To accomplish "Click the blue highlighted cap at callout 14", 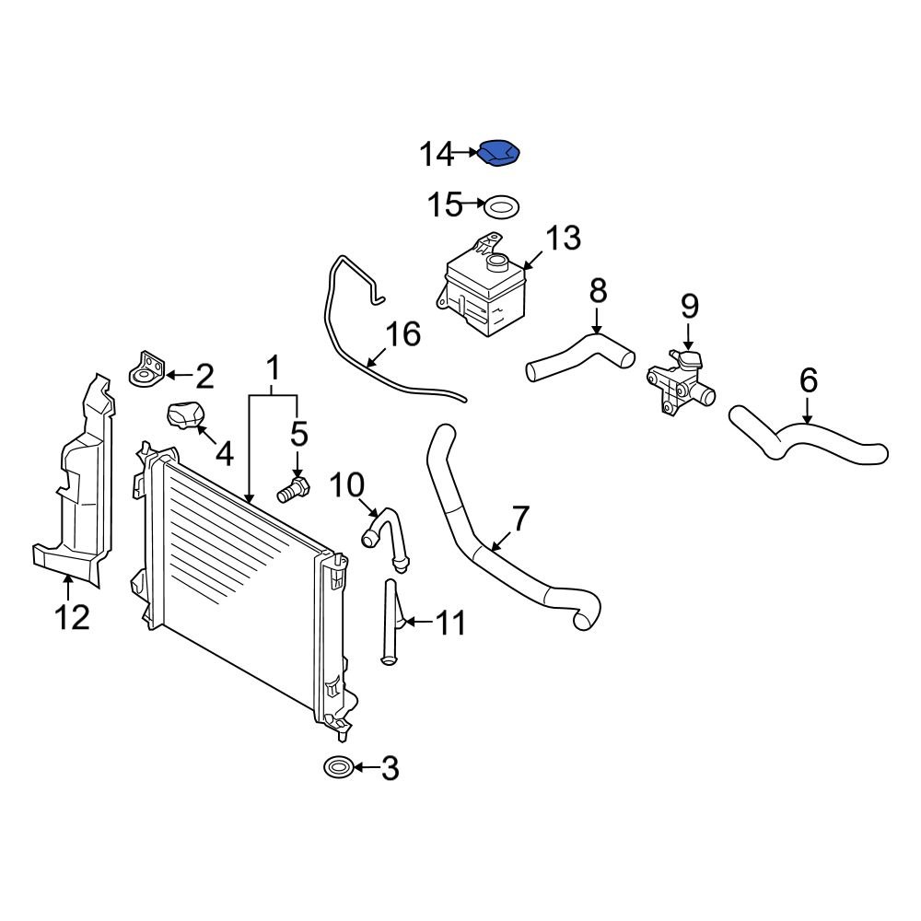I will point(499,155).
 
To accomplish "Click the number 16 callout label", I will point(402,333).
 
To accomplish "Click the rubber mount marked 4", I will point(186,417).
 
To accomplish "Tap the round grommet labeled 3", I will point(337,766).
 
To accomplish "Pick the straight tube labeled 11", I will point(390,622).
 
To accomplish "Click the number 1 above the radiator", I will point(273,369).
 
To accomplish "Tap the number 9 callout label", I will point(690,307).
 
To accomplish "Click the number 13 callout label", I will point(562,239).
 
